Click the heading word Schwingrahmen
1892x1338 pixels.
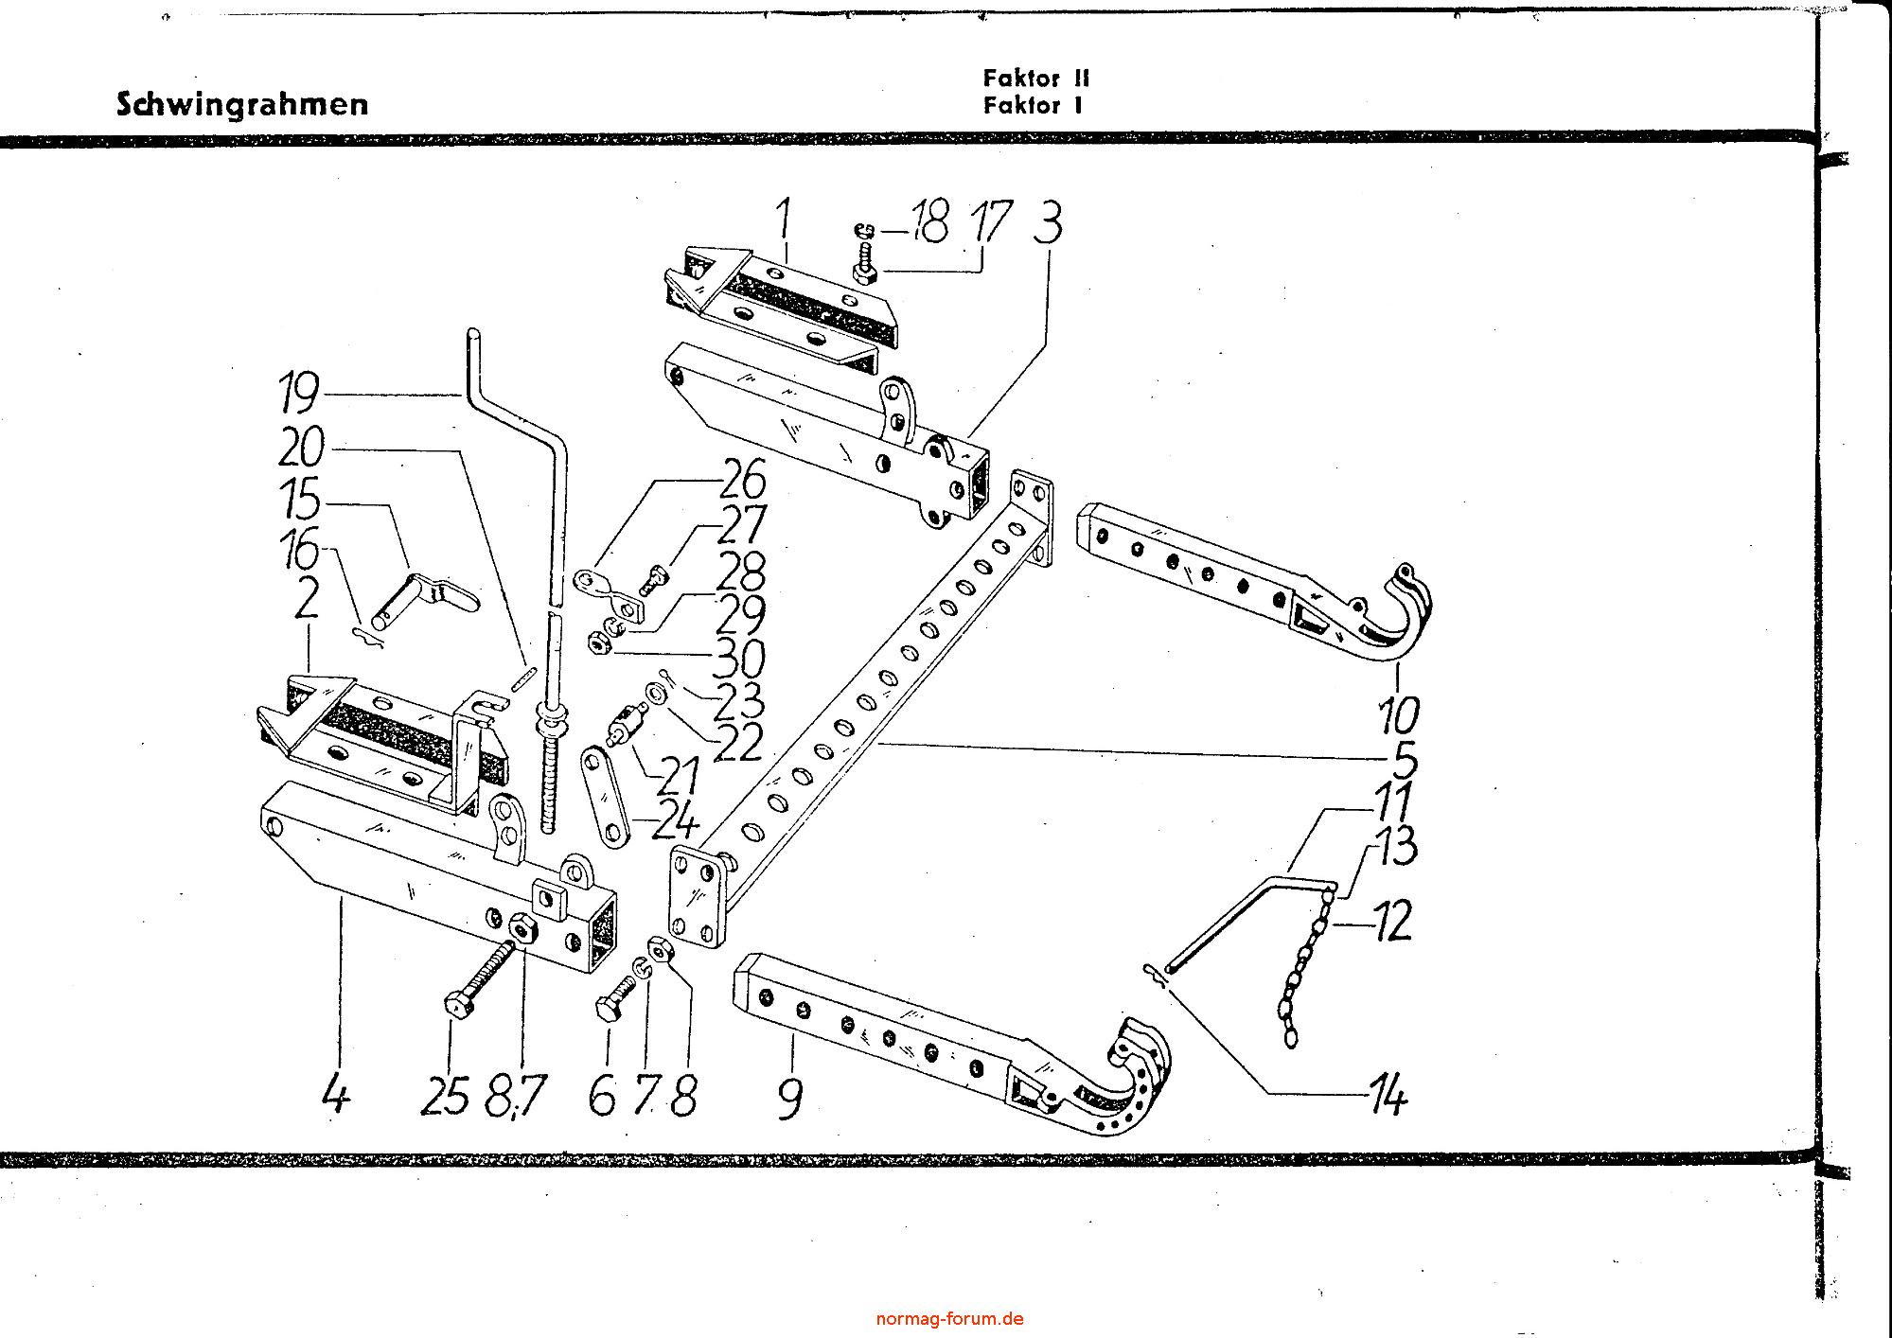[242, 103]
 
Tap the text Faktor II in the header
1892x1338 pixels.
[1036, 79]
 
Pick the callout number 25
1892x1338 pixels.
[445, 1099]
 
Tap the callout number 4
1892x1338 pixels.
[336, 1098]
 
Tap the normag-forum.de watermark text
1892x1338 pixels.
[949, 1318]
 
